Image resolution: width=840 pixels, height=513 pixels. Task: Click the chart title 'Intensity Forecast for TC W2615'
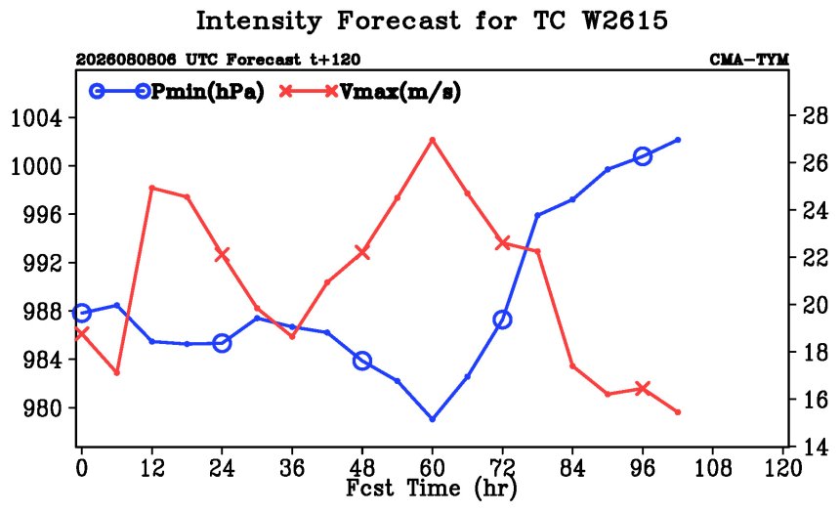coord(432,21)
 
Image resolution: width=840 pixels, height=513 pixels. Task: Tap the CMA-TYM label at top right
coord(749,59)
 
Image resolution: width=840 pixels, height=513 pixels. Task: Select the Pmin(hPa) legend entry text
coord(208,92)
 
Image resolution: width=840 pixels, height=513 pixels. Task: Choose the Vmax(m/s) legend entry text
coord(400,92)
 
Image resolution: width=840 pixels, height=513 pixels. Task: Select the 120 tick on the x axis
coord(783,468)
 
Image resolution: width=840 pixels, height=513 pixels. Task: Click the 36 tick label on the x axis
coord(292,468)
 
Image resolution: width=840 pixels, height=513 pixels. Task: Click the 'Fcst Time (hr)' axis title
coord(432,488)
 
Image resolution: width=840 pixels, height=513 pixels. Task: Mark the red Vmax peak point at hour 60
coord(433,140)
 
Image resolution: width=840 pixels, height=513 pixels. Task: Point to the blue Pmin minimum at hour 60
coord(433,419)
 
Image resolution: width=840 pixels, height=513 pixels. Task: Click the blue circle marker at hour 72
coord(502,321)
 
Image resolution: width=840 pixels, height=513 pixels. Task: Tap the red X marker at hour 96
coord(643,389)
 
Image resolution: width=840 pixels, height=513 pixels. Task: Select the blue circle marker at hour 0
coord(81,313)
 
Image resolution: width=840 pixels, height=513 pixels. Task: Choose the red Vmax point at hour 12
coord(152,189)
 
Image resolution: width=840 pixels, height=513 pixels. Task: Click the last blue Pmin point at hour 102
coord(678,140)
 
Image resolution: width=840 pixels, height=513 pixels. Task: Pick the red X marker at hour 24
coord(222,255)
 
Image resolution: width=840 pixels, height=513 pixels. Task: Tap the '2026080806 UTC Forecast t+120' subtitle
coord(218,59)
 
